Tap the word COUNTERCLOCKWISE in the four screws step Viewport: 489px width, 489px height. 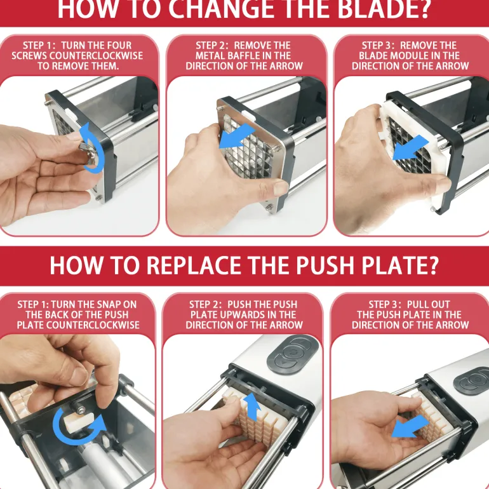(77, 56)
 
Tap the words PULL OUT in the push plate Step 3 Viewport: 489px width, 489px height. (429, 304)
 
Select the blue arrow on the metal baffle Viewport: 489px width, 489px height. (237, 137)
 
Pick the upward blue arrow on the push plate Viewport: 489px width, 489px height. (253, 408)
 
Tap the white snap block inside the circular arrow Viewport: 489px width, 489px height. (79, 420)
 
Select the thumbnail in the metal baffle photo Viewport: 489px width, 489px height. (279, 188)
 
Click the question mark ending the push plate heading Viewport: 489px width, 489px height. (432, 265)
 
